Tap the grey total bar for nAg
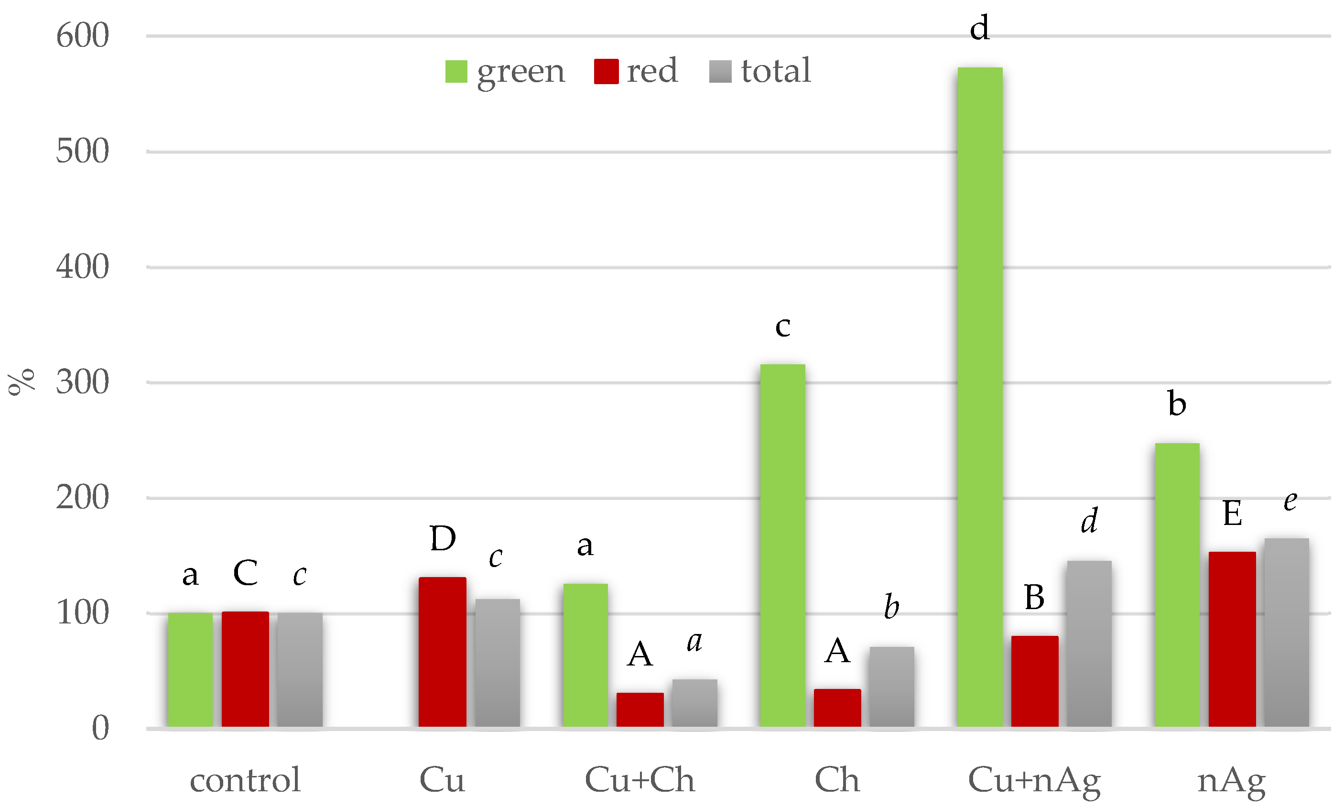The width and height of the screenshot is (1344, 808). click(1286, 632)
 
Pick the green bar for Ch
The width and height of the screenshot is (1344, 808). click(782, 545)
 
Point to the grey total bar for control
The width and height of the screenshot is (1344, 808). click(300, 670)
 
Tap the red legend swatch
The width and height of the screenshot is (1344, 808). click(606, 71)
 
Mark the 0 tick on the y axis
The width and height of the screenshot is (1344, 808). click(100, 728)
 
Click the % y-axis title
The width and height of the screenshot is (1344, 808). click(21, 382)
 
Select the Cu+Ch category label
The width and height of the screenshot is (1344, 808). click(640, 780)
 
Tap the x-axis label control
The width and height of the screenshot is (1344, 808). click(245, 780)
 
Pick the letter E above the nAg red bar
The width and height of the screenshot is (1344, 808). click(1233, 513)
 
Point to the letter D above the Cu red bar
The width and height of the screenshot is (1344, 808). click(443, 538)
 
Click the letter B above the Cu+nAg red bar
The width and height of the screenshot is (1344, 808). click(1034, 597)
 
